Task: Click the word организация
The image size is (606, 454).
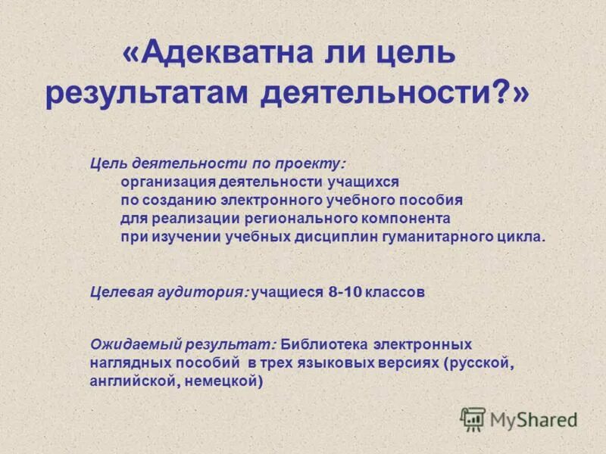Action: click(x=166, y=182)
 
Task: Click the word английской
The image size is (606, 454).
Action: click(x=132, y=382)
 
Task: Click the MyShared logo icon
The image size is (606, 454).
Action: click(x=473, y=418)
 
